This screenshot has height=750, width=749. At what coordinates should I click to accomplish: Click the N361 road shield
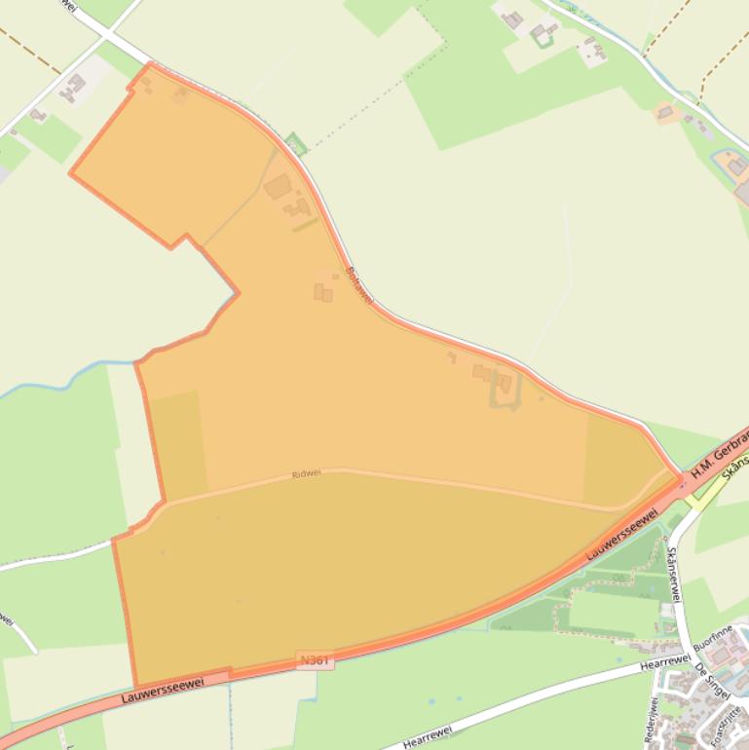315,660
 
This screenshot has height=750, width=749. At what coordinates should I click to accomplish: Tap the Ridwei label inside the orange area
306,474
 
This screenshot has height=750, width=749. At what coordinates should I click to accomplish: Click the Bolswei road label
359,284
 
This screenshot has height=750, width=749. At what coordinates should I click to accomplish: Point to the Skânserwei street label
671,574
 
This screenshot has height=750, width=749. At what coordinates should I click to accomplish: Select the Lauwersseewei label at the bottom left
163,691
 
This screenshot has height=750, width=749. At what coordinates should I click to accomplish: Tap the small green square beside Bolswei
297,144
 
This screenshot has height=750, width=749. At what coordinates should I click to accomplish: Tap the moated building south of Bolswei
504,387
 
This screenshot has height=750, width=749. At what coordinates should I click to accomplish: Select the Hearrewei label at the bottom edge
430,740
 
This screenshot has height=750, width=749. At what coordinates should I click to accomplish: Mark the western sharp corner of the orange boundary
70,174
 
